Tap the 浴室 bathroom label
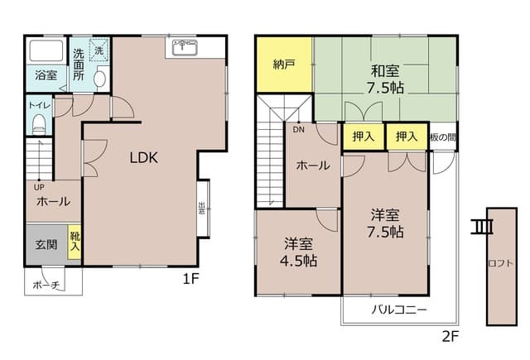46,75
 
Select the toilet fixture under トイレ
38,123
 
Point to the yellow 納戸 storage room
284,64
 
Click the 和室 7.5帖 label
386,78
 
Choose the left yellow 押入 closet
363,137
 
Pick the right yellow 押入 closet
407,137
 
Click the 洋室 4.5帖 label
298,252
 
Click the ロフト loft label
499,264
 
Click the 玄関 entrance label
46,245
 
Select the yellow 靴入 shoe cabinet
75,242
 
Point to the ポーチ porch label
46,285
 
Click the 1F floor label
191,279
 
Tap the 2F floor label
450,337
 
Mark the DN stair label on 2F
297,129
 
